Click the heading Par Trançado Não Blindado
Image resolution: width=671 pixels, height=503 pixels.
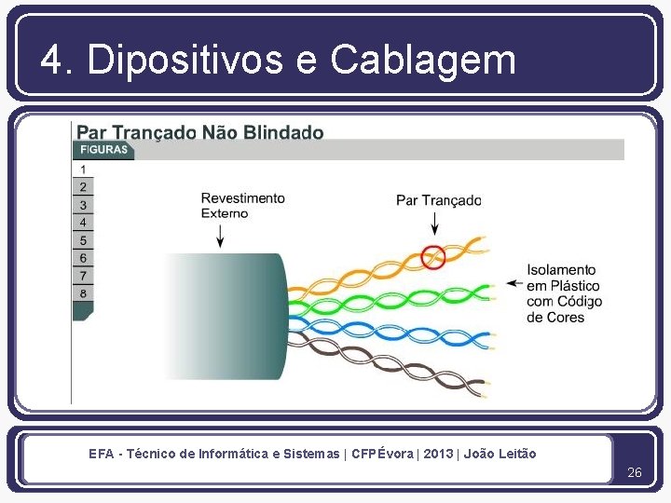(200, 132)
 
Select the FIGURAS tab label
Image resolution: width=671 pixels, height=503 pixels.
(103, 150)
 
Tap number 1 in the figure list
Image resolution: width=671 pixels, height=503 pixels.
(83, 170)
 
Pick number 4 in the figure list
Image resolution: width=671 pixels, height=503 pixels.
(83, 223)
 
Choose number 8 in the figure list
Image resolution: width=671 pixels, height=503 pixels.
(83, 293)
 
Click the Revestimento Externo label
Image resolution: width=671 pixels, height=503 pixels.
(242, 205)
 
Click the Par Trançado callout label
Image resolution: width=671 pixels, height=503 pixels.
(438, 199)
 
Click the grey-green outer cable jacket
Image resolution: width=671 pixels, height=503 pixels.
(233, 316)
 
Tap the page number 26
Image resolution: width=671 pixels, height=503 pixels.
(635, 472)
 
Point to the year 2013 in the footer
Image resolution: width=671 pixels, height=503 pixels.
(438, 454)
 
